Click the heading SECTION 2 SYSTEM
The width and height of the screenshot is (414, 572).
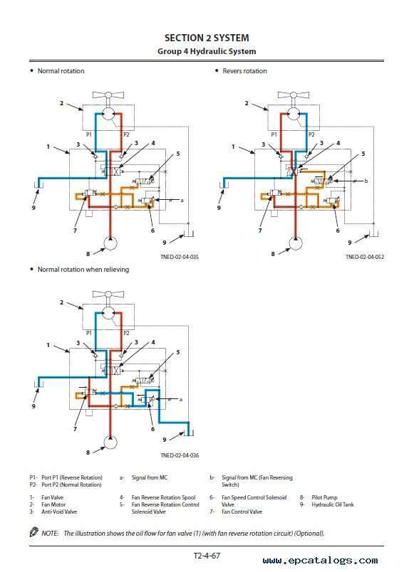(207, 38)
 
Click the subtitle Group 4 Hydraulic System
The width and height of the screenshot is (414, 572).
(207, 51)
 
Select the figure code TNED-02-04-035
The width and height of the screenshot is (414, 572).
(180, 257)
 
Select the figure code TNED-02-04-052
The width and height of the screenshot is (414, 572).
(365, 257)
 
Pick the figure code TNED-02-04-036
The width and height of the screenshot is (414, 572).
(180, 455)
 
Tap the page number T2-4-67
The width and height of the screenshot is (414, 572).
(207, 556)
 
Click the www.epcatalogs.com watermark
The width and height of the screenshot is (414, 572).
(320, 561)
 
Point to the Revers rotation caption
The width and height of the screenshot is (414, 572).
(244, 70)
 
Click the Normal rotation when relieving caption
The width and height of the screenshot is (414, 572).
(83, 270)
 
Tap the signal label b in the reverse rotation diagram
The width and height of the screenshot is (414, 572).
(366, 181)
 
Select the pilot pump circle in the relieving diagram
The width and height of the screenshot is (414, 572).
(110, 442)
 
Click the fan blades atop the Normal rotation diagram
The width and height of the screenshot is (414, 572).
(108, 95)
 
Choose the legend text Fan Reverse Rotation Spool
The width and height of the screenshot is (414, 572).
(163, 497)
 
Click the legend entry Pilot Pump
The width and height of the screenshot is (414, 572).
(324, 497)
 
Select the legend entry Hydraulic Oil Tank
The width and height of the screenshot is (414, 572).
(333, 504)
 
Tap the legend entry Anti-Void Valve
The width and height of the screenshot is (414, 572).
(59, 512)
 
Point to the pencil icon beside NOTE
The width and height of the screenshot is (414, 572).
(33, 532)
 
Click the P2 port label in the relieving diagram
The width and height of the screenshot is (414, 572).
(126, 333)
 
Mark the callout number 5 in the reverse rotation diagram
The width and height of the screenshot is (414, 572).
(363, 154)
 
